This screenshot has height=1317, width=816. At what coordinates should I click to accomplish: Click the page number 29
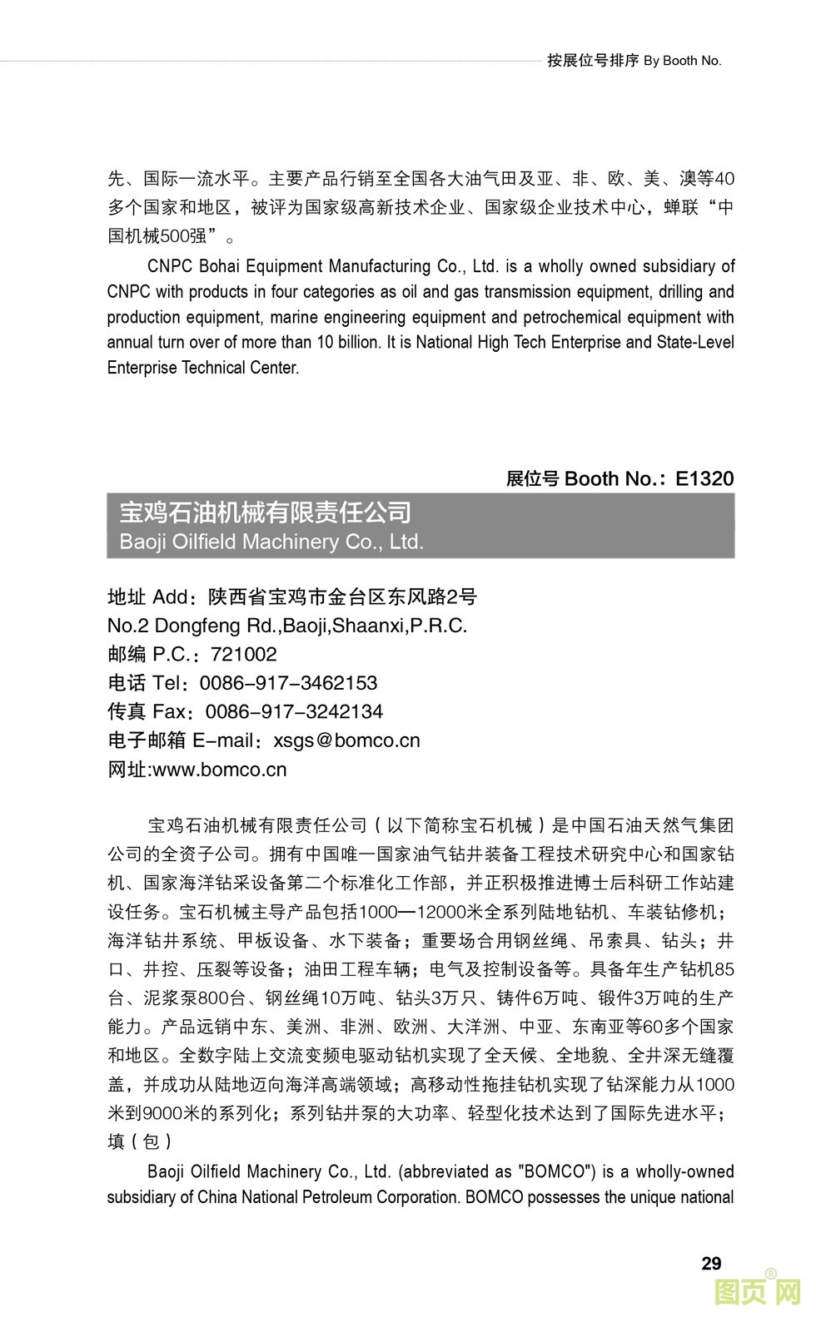[x=711, y=1263]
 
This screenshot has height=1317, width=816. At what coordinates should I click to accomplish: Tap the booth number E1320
[x=704, y=478]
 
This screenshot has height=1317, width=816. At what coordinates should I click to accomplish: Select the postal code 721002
[x=244, y=654]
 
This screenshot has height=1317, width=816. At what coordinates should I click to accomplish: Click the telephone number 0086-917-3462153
[x=289, y=683]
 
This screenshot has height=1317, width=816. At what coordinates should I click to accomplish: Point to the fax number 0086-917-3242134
[x=294, y=711]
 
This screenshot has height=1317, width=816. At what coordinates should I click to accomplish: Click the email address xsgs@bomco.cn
[x=346, y=740]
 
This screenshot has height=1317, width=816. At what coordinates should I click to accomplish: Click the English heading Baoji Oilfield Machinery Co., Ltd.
[x=271, y=542]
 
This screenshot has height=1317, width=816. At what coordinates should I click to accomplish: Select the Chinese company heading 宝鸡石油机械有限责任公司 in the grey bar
[x=266, y=512]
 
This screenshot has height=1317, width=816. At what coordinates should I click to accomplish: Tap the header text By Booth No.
[x=682, y=60]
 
